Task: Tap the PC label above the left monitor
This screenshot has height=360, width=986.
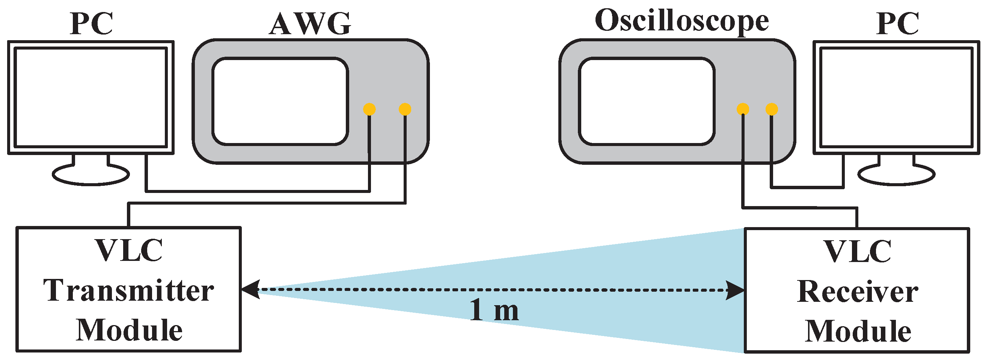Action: point(92,24)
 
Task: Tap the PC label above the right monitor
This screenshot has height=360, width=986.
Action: point(898,24)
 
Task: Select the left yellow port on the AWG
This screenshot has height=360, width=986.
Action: point(369,109)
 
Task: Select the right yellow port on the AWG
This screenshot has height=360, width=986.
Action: point(405,109)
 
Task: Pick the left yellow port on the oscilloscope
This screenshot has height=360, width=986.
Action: point(743,109)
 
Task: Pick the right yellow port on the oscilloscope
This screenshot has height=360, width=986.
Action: point(771,109)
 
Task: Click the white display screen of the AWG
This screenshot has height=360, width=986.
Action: point(280,101)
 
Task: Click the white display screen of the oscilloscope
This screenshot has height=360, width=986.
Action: point(647,101)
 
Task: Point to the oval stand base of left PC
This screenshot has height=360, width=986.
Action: point(91,175)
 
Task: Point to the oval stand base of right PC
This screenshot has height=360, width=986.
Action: point(896,175)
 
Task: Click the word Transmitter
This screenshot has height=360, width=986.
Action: point(129,291)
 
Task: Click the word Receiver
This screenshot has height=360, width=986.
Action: point(857,292)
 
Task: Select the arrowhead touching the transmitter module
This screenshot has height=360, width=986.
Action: point(251,289)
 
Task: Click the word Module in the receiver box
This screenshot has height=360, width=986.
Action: point(858,331)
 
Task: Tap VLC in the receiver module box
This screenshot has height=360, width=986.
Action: point(857,252)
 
